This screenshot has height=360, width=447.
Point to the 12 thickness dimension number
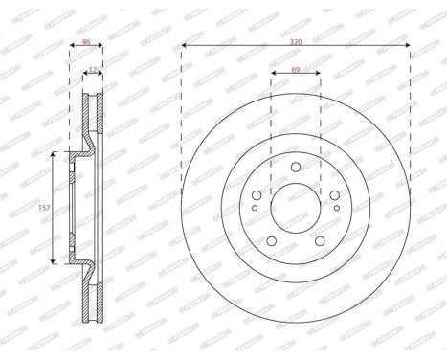(92, 69)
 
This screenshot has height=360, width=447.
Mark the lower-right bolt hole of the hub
(319, 240)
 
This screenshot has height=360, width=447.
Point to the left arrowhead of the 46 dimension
(72, 51)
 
